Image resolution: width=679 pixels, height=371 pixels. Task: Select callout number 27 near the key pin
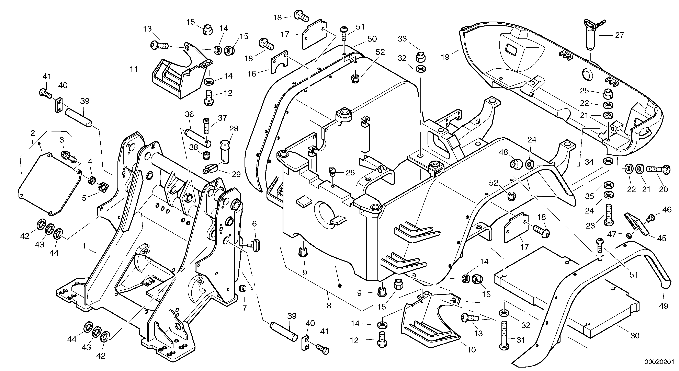[x=619, y=35]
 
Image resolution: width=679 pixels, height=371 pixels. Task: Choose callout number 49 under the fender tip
[x=664, y=306]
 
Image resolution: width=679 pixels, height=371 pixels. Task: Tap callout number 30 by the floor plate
[x=635, y=336]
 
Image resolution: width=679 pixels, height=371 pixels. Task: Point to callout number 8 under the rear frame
[x=329, y=305]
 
